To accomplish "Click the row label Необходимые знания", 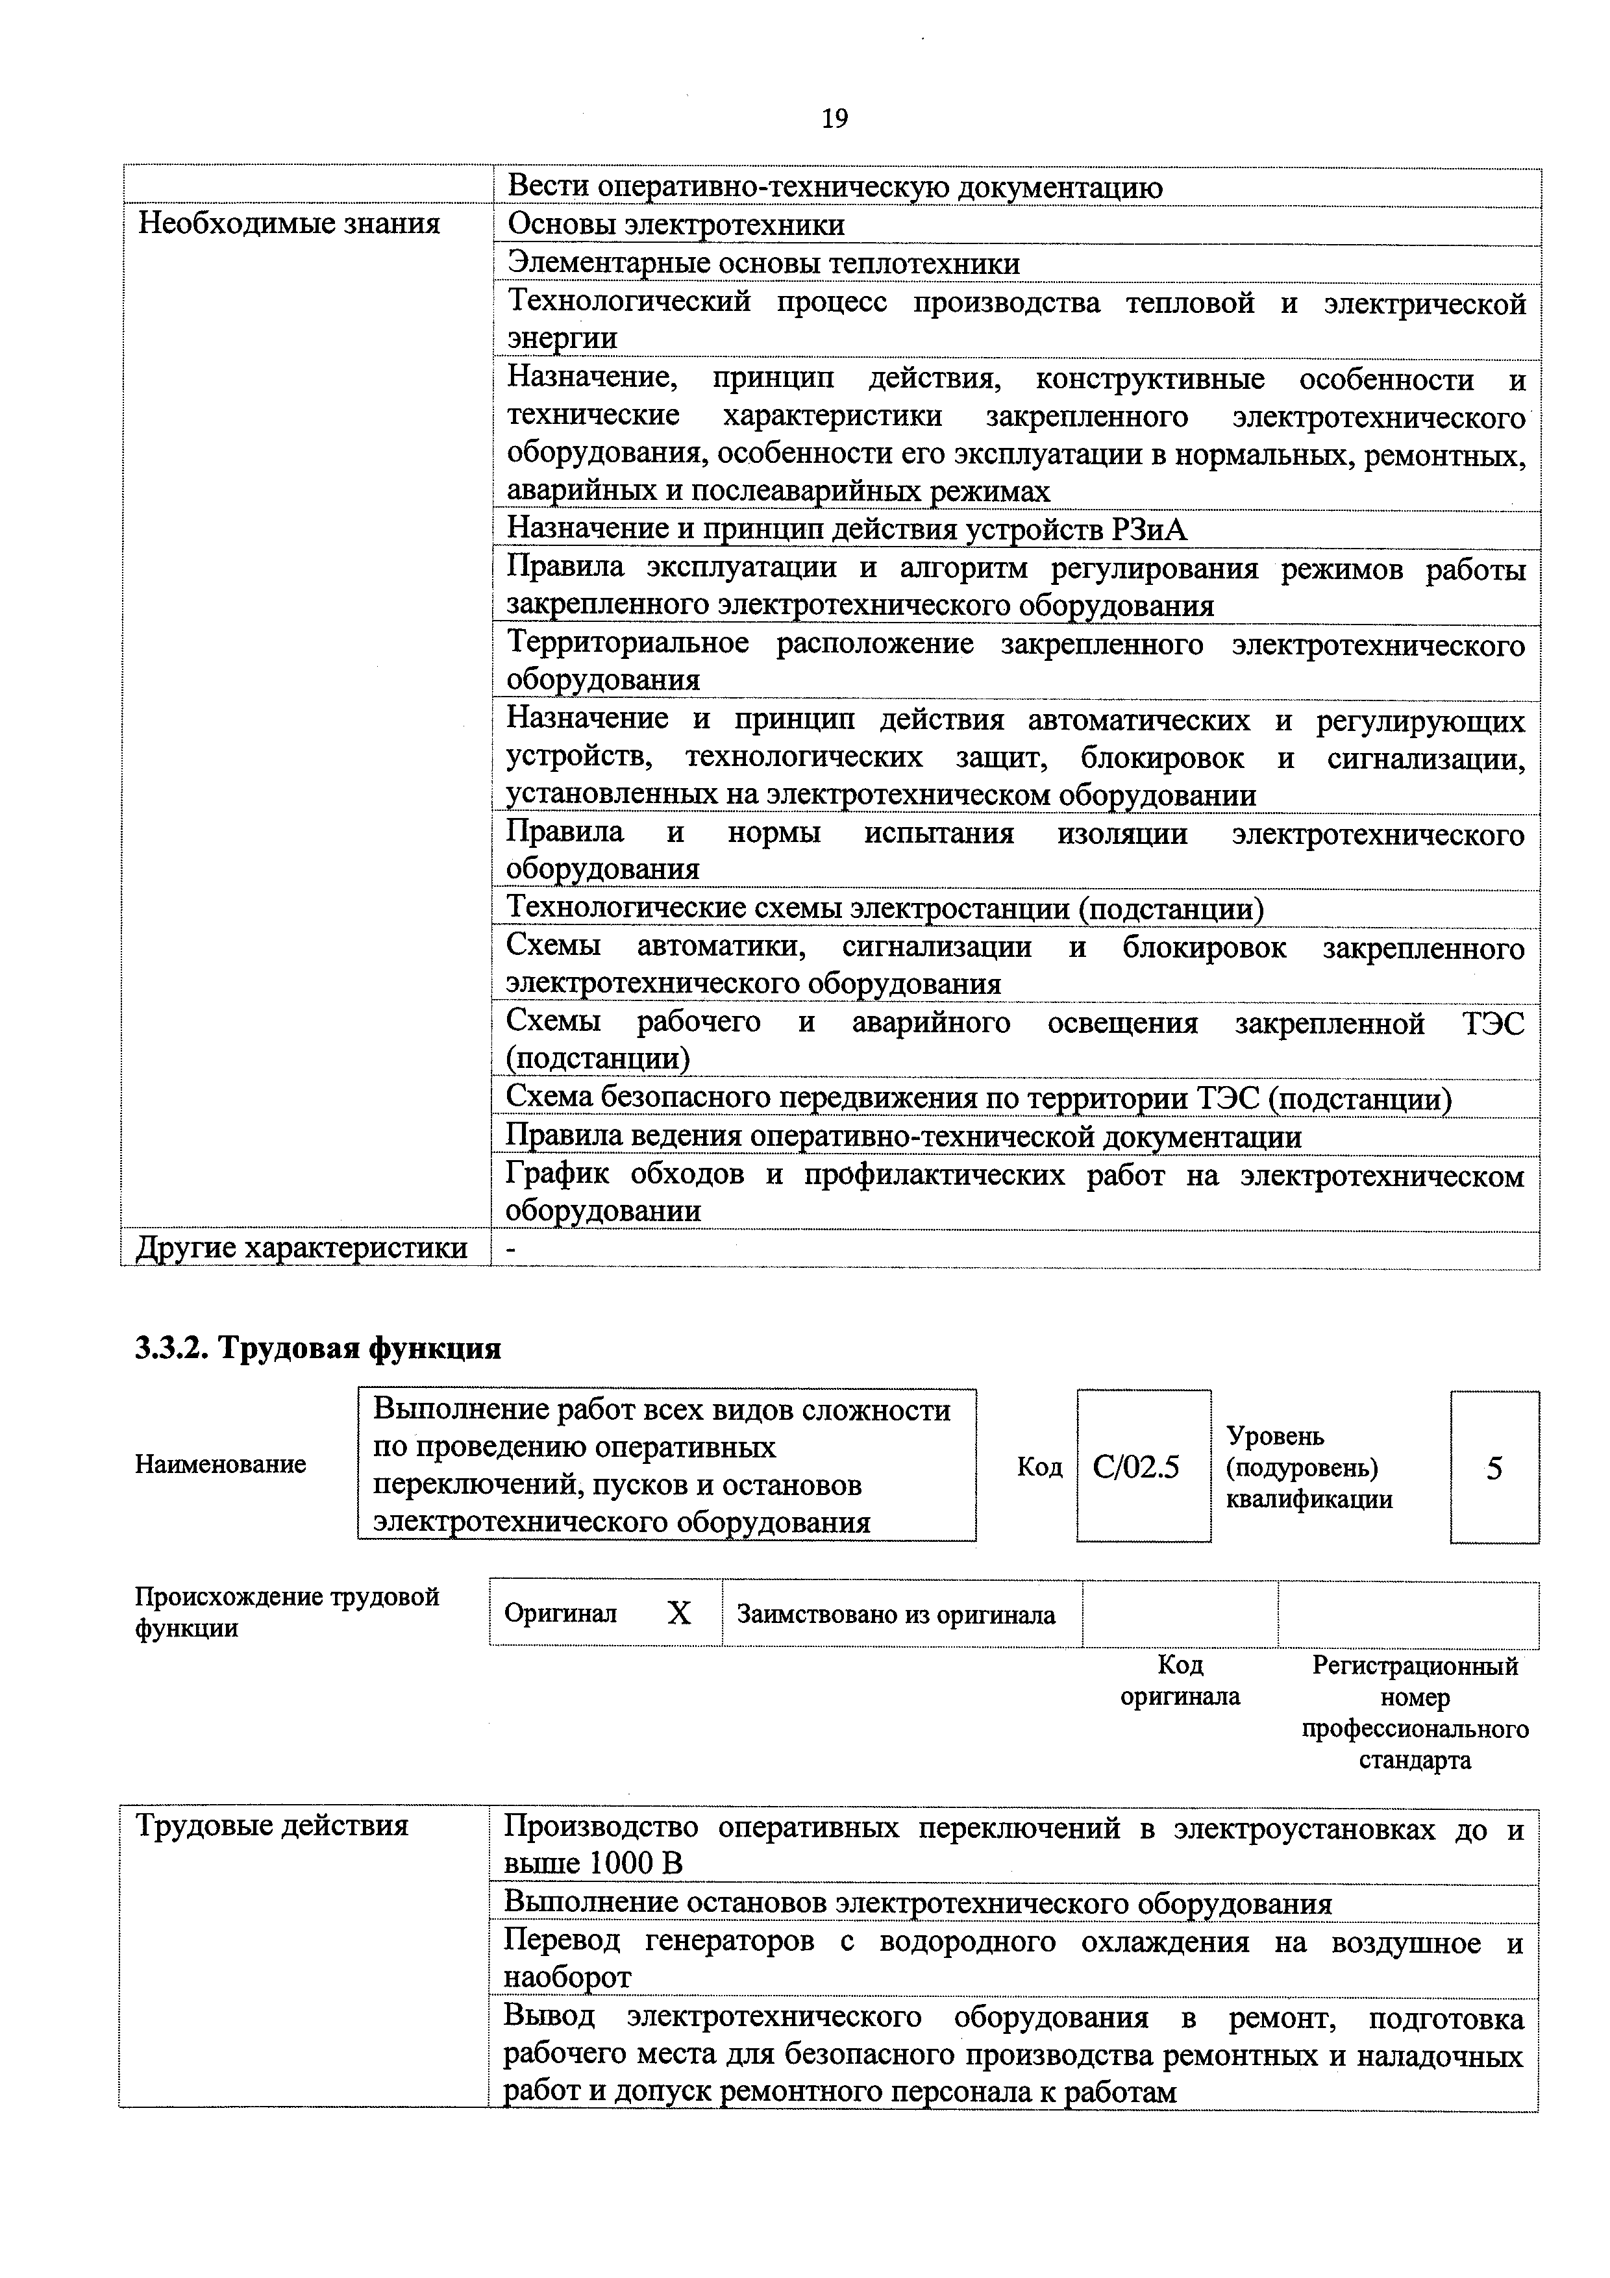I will (289, 224).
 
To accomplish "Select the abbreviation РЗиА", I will (1150, 530).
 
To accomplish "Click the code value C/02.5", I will (1136, 1467).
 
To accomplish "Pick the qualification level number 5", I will (1494, 1467).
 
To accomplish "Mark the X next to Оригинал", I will (678, 1615).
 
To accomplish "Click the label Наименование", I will (220, 1465).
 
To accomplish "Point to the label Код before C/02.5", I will (1039, 1467).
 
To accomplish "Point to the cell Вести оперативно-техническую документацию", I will (834, 186).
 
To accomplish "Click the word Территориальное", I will (628, 644).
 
